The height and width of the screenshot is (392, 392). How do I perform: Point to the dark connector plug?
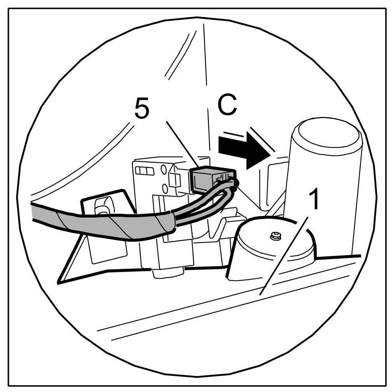point(210,179)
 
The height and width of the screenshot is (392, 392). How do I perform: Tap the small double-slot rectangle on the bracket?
point(144,171)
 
